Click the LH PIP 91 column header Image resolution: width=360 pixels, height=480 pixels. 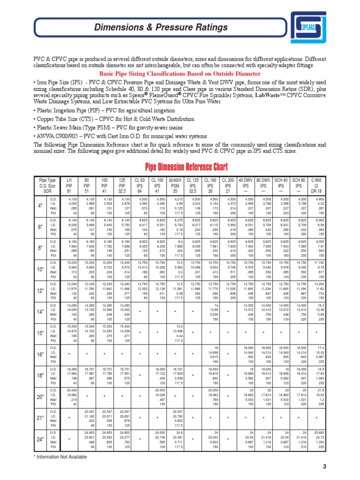69,186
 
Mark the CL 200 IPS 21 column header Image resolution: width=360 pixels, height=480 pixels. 228,186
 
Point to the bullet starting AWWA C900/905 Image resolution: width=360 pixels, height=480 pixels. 120,136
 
